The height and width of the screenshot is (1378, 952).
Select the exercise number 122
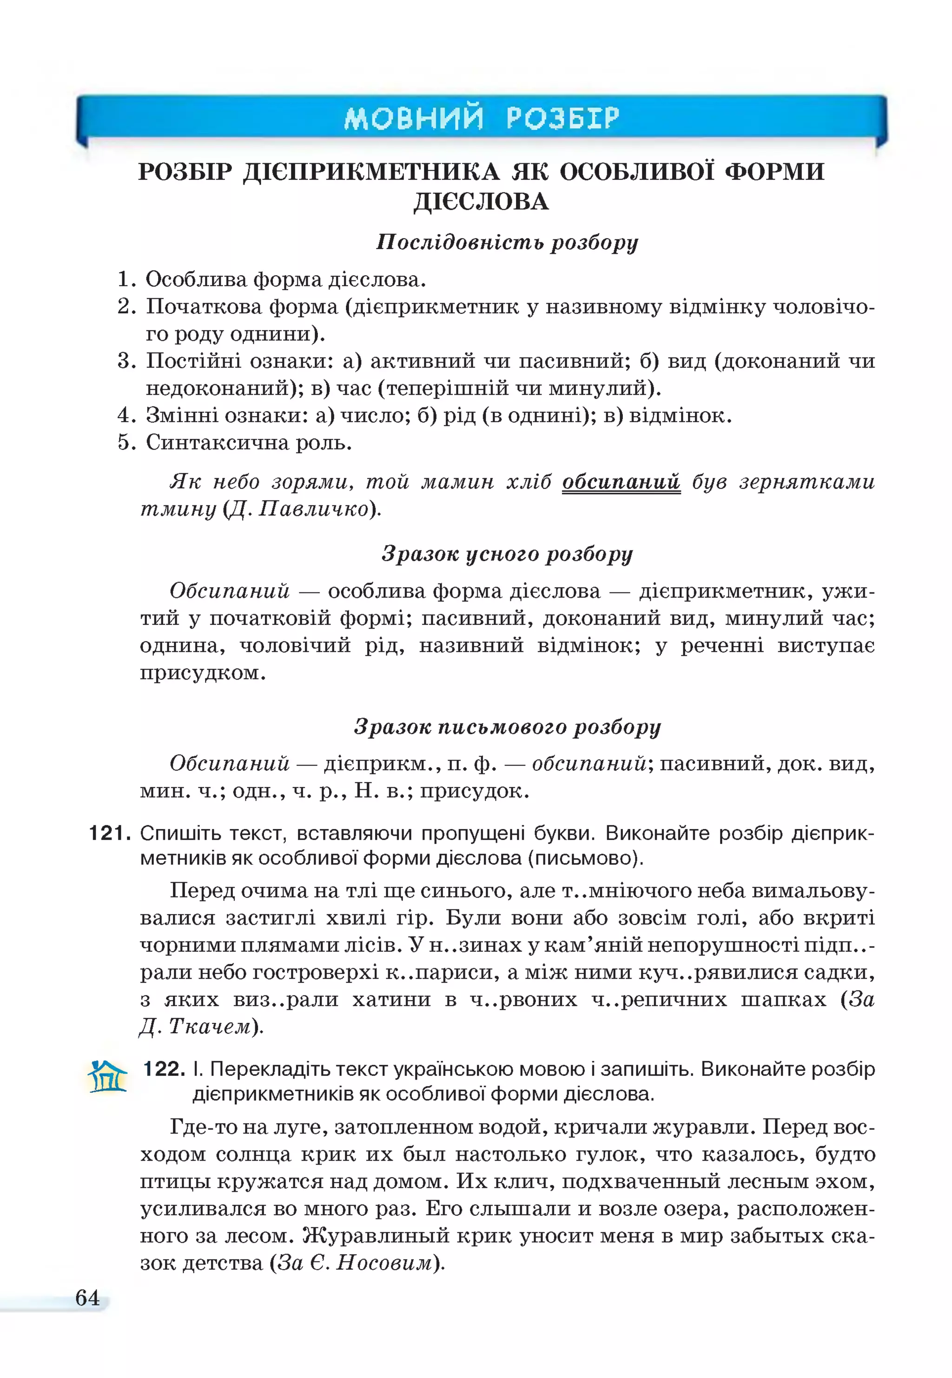pos(164,1068)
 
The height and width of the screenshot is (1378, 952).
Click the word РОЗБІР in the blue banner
pos(563,118)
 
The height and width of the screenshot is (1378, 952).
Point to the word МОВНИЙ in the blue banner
pos(413,118)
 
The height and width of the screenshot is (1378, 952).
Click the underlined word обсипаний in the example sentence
pos(621,481)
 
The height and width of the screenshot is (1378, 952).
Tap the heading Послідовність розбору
pos(507,242)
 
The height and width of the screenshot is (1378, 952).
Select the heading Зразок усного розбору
pos(507,554)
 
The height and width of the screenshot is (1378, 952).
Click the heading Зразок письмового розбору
pos(507,727)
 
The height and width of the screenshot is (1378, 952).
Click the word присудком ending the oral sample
pos(202,673)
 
